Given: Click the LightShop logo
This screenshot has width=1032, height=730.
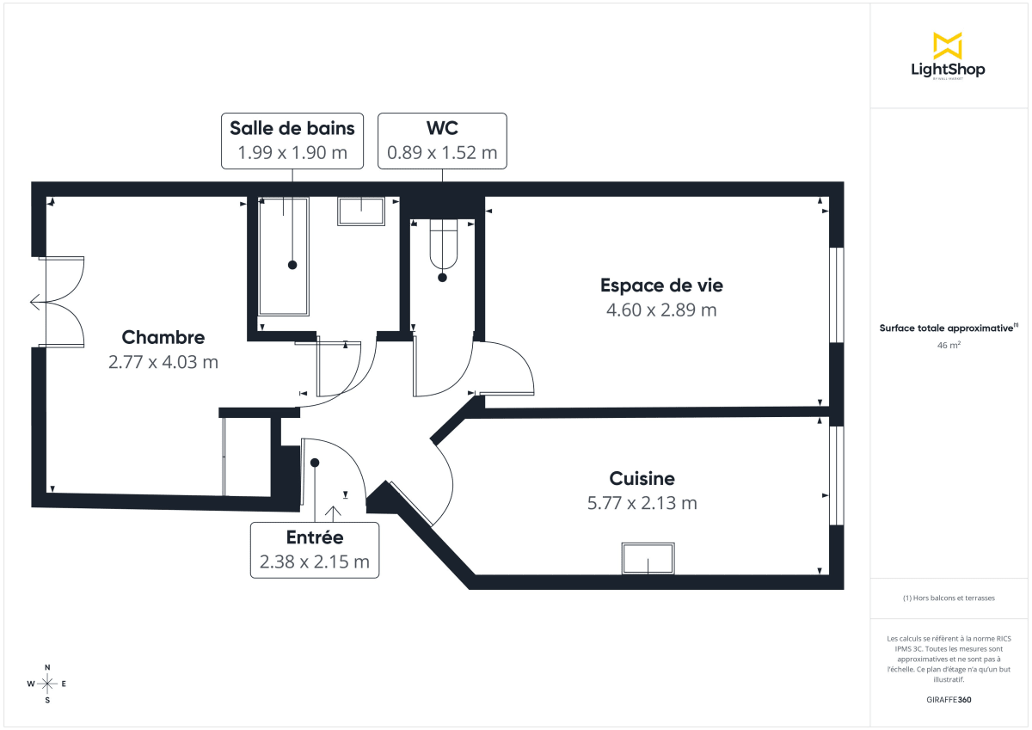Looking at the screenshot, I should coord(948,56).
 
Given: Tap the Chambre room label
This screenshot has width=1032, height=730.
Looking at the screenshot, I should coord(163,337).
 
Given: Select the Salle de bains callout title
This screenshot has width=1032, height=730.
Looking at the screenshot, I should coord(292,129).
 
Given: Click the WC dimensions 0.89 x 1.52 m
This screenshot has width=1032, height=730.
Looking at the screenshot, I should coord(442,154).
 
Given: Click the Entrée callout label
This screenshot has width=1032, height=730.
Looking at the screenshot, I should coord(315,538).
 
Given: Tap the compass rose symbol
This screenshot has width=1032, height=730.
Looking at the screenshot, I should coord(47,684).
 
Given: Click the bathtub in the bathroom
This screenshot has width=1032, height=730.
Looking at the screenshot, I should coord(284,255).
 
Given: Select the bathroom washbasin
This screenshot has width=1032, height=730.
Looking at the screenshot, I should coord(361,212).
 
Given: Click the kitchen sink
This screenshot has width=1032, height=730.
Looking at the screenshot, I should coord(648,559).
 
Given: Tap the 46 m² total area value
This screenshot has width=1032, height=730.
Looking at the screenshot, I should coord(948,346).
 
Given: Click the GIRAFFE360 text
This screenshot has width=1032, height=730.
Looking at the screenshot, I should coord(948,700).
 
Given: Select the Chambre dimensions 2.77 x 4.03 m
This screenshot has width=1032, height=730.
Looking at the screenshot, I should coord(163,362).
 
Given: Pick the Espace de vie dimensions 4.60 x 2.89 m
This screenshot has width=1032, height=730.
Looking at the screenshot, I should coord(661,310).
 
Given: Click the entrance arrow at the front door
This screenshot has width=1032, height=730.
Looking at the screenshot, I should coord(334,512).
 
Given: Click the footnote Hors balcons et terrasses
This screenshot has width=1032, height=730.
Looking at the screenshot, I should coord(948,598).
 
